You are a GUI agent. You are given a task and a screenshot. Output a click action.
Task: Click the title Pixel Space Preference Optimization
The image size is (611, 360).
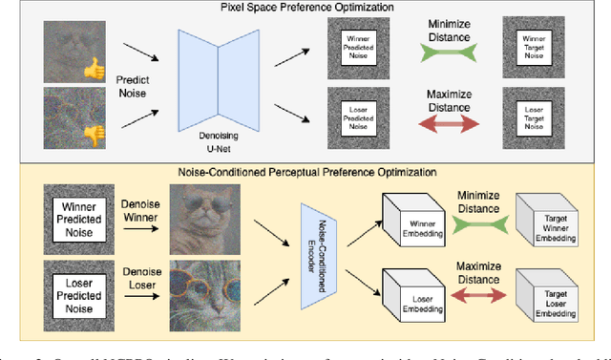click(305, 8)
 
